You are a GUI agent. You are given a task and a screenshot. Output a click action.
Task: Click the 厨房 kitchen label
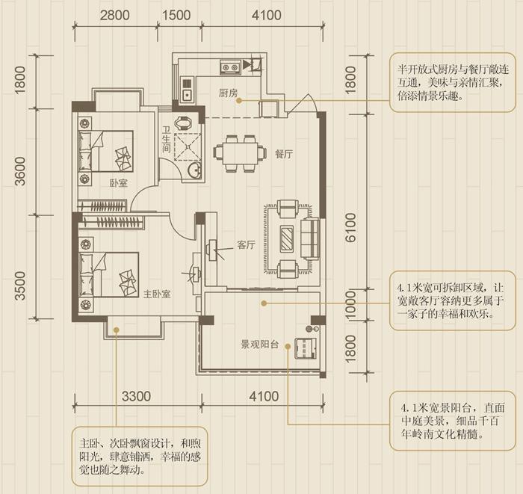[228, 93]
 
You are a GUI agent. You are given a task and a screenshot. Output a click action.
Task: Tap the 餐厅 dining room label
[283, 154]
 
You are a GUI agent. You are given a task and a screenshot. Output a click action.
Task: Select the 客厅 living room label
[247, 244]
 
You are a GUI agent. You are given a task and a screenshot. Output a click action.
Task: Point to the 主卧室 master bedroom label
[157, 294]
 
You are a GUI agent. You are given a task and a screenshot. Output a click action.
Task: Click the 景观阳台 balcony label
[259, 345]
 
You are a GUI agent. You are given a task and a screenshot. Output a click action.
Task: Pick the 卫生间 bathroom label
[167, 143]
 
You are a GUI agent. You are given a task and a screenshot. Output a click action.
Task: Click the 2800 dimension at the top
[114, 15]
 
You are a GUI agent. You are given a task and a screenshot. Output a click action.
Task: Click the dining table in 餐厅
[239, 153]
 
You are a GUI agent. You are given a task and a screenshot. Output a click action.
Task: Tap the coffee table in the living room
[288, 238]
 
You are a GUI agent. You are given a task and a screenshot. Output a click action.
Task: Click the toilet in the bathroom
[183, 123]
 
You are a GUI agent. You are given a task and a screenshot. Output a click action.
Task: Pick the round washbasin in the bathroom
[194, 171]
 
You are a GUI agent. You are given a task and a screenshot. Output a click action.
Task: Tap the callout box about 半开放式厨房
[448, 82]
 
